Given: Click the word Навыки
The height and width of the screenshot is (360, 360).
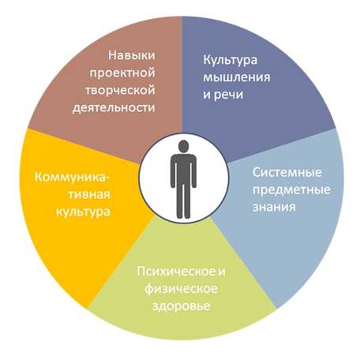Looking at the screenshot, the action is click(132, 56).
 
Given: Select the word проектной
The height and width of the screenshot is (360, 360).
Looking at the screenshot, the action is click(122, 73).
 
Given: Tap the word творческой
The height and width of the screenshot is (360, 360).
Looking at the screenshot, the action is click(120, 91).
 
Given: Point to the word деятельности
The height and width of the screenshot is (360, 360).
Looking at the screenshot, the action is click(114, 108).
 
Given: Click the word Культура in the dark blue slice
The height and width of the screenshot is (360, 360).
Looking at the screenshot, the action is click(231, 61).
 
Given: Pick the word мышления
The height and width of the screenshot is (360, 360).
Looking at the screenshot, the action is click(237, 78).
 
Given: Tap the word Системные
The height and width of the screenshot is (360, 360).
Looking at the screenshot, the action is click(287, 173).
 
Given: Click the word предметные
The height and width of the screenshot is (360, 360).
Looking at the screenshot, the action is click(291, 190).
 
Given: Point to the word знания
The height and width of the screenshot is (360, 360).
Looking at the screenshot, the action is click(274, 207).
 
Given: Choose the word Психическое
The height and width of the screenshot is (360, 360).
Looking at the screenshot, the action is click(176, 272).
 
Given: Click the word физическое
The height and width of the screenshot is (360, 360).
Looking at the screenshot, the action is click(181, 289).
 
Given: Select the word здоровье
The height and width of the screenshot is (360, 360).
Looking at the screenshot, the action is click(182, 306).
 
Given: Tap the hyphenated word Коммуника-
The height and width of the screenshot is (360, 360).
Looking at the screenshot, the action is click(73, 178).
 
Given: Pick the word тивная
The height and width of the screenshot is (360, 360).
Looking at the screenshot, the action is click(89, 194).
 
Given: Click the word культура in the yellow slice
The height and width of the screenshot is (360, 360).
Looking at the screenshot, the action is click(83, 212).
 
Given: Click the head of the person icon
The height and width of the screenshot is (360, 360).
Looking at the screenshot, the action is click(183, 146).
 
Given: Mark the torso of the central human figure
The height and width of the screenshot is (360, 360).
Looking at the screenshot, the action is click(183, 168).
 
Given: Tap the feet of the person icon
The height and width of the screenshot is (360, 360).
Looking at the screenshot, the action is click(183, 216).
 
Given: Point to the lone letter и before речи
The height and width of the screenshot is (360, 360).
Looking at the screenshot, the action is click(207, 96).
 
